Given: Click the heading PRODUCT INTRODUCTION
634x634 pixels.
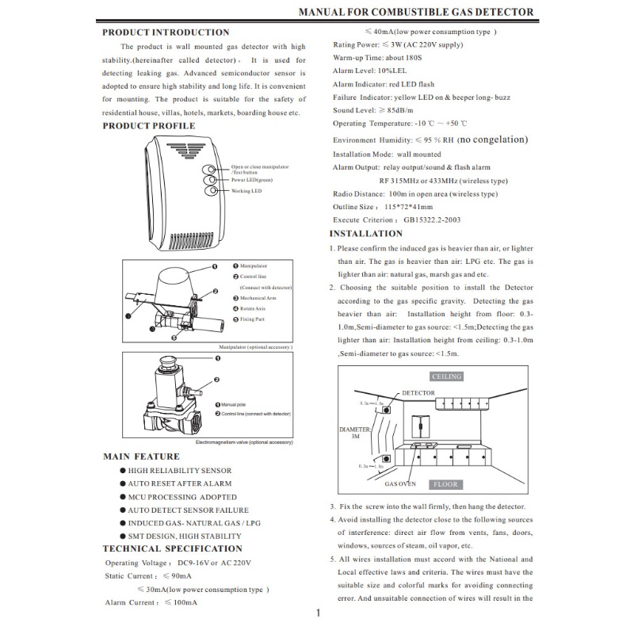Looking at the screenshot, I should point(166,32).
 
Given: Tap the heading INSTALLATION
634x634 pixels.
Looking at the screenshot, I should point(365,234).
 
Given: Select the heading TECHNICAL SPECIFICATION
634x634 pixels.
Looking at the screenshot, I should point(172,548).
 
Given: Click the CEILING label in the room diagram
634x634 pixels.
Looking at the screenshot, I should point(446,376).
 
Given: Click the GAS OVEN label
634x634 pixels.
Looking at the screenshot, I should point(400,483).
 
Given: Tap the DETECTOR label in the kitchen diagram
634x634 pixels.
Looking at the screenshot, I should point(418,393).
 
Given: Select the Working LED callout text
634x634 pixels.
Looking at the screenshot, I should point(246,191).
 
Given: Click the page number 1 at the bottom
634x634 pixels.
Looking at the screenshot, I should point(317,613).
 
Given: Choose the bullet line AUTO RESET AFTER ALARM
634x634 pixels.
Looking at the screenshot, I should point(180,483).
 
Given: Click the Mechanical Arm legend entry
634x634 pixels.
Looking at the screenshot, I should point(258,298).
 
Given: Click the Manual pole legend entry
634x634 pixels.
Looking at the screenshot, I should point(233,405).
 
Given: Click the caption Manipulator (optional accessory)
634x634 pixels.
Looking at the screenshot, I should point(255,347).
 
